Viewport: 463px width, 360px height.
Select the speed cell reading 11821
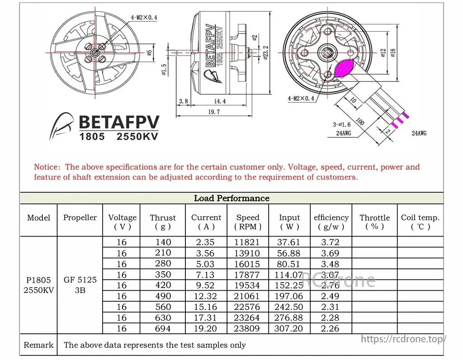(247, 242)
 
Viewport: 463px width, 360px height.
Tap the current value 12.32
(206, 296)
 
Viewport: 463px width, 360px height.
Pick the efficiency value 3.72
(330, 242)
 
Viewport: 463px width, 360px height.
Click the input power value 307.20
(289, 329)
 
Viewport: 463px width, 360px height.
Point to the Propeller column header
(80, 218)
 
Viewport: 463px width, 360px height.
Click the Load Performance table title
(231, 198)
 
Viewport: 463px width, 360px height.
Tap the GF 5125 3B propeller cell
(80, 285)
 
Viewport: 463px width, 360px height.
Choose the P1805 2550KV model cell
(38, 285)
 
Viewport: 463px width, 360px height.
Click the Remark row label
(38, 345)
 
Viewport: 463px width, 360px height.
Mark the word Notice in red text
(47, 167)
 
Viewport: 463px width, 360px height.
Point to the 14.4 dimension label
(220, 101)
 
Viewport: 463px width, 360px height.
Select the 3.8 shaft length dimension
(184, 101)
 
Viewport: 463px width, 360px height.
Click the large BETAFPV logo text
(119, 122)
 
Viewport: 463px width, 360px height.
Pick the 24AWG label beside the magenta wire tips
(419, 133)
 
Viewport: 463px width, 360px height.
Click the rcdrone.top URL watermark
(404, 339)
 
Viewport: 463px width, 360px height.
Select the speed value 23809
(247, 329)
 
